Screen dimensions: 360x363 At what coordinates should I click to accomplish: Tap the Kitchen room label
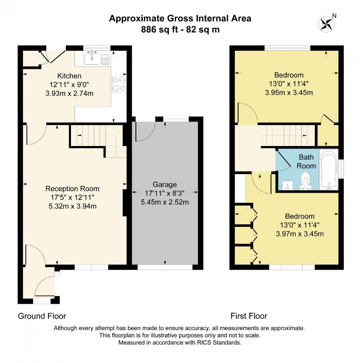[69, 76]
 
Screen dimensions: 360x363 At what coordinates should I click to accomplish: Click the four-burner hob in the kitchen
[119, 84]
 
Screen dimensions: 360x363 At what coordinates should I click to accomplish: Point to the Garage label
[165, 185]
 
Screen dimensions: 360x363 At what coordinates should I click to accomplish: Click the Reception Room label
[72, 189]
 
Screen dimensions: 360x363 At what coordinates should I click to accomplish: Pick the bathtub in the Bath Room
[328, 170]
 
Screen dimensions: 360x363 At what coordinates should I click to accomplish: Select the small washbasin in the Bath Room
[288, 185]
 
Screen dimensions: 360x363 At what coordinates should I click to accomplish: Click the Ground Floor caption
[42, 316]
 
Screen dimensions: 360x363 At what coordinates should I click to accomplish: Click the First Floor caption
[249, 316]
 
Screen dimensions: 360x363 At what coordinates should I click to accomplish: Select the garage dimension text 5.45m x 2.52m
[165, 202]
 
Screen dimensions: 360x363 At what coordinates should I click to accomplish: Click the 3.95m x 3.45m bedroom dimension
[289, 92]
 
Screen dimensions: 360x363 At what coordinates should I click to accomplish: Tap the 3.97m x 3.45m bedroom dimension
[300, 234]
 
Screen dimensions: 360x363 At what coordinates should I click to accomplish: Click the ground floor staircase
[98, 140]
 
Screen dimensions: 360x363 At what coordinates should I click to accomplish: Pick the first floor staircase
[288, 136]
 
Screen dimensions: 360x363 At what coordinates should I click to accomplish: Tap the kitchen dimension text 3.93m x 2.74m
[69, 94]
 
